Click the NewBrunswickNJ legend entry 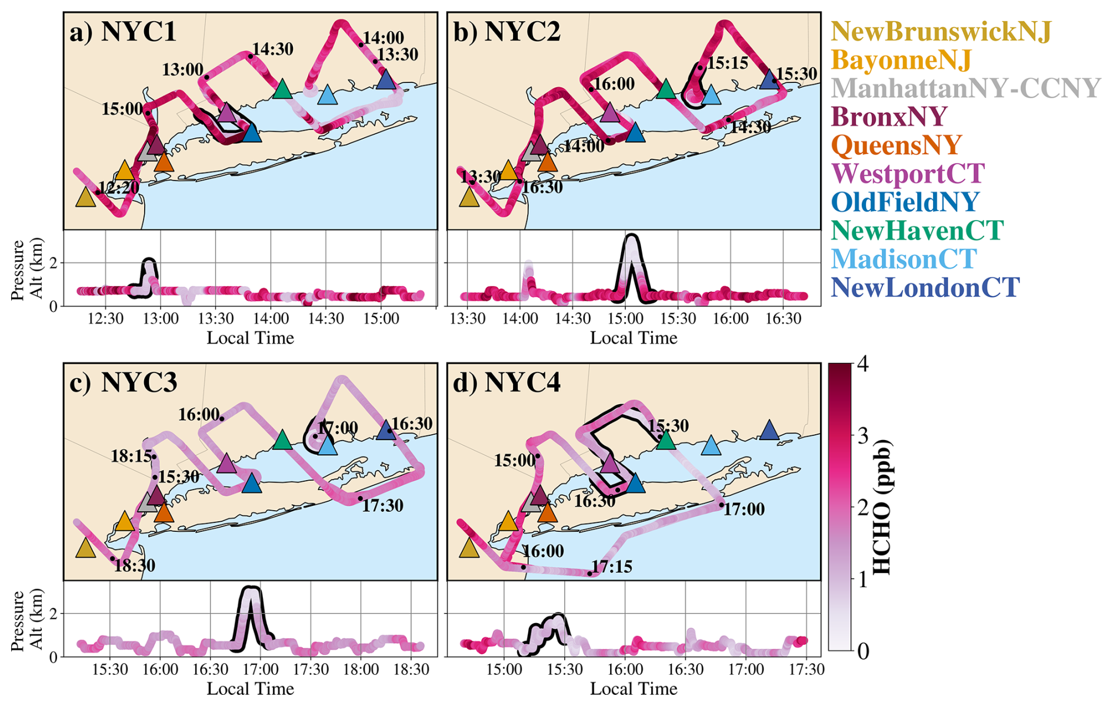tap(941, 32)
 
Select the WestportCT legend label tap(908, 174)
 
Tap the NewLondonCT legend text tap(925, 288)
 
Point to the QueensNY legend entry tap(897, 145)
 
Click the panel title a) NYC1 tap(123, 31)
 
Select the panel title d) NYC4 tap(506, 382)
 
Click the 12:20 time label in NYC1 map tap(119, 188)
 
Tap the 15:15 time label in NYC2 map tap(728, 63)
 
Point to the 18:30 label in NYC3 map tap(135, 565)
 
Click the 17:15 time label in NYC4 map tap(612, 567)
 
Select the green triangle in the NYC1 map tap(282, 89)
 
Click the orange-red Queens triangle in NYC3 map tap(164, 512)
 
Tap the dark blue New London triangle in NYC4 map tap(769, 430)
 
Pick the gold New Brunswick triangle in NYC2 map tap(469, 197)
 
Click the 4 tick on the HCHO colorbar tap(862, 364)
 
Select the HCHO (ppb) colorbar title tap(881, 507)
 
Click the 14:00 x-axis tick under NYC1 tap(271, 318)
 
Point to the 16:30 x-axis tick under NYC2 tap(784, 318)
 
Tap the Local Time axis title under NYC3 tap(250, 688)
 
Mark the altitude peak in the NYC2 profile tap(631, 236)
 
